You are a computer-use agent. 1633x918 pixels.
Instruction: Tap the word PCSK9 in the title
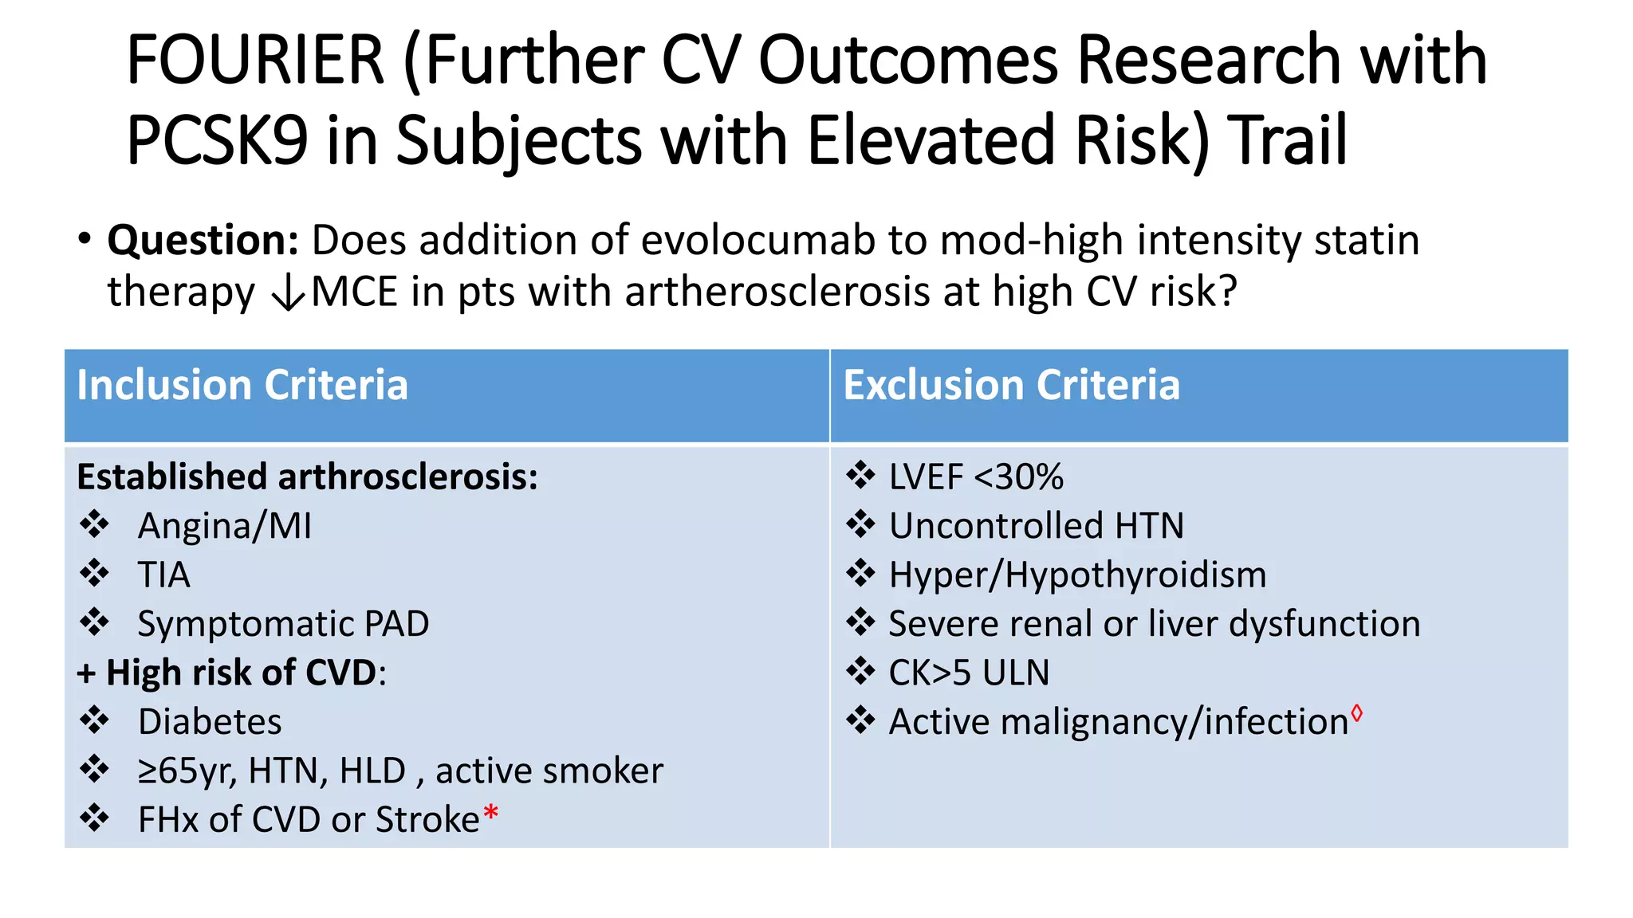[217, 140]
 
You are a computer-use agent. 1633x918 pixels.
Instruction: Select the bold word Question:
[203, 241]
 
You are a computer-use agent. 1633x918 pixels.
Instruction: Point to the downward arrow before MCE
[288, 293]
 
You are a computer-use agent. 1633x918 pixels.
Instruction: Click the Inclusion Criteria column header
[242, 386]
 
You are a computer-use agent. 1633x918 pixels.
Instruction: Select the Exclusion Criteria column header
[1011, 386]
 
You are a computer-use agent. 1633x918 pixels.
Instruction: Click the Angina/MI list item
[225, 526]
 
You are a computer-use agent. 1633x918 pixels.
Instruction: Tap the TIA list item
[164, 575]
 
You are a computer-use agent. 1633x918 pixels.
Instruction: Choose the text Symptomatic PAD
[283, 624]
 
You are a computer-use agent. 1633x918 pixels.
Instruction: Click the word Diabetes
[210, 722]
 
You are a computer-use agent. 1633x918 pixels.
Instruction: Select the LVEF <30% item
[976, 477]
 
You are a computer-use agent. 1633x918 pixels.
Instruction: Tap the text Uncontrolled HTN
[1036, 526]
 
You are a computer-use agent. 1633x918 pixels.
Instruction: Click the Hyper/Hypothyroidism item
[1077, 575]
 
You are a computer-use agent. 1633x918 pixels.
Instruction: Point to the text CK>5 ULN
[969, 673]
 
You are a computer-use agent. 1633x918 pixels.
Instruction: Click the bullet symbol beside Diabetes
[95, 720]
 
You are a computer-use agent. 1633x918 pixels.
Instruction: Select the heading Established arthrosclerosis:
[307, 477]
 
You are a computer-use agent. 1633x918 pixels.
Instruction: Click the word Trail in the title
[1287, 140]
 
